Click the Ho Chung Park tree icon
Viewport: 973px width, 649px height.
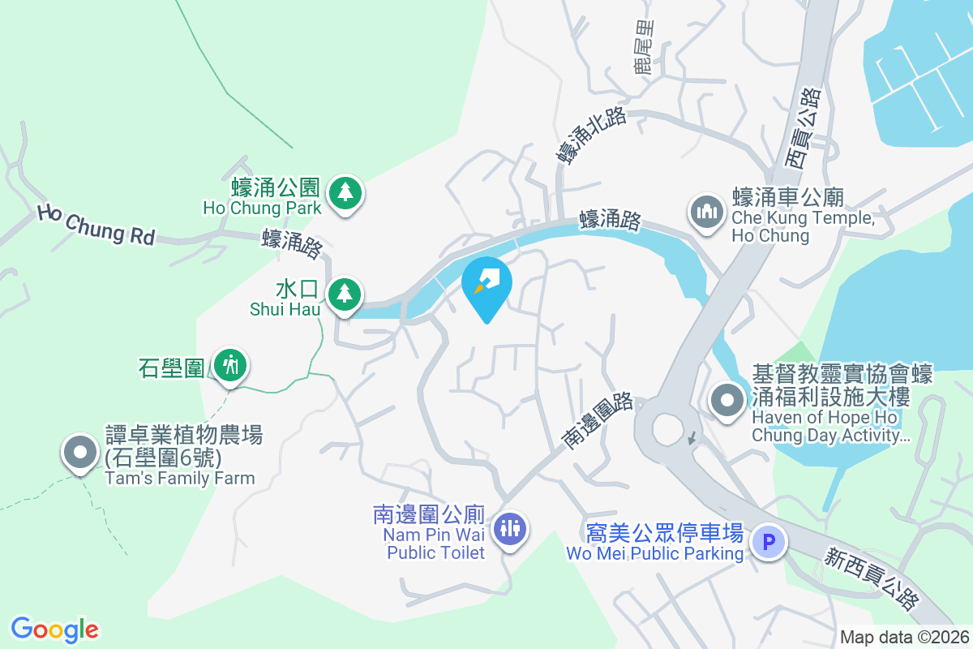click(x=346, y=193)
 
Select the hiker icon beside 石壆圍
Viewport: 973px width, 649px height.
click(x=231, y=366)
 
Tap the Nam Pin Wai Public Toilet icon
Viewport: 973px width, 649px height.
click(x=511, y=529)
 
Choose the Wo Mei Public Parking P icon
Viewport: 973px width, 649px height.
click(x=768, y=541)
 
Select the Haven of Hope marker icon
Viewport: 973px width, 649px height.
click(x=727, y=400)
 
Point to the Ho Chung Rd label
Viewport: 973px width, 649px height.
click(x=96, y=225)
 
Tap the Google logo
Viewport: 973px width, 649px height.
click(x=54, y=629)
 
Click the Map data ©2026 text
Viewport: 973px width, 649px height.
click(x=903, y=637)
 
